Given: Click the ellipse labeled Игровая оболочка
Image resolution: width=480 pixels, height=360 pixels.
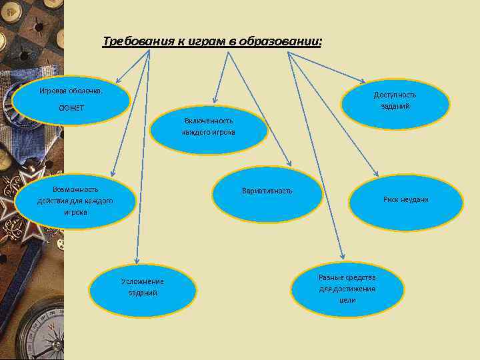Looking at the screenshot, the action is tap(70, 100).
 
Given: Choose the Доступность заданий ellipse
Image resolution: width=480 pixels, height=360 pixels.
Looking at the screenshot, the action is tap(395, 100).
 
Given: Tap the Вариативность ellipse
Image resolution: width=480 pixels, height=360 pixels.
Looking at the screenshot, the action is tap(267, 193).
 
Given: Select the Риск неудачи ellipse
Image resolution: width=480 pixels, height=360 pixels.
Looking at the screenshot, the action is tap(405, 201).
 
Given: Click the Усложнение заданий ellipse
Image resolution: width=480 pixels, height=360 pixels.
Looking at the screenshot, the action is tap(143, 287).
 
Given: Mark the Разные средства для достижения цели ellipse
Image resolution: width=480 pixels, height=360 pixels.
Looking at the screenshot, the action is tap(347, 288).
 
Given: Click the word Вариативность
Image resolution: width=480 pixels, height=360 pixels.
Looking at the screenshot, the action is tap(267, 191).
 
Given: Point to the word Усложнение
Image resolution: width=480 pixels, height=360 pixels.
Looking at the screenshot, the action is tap(143, 281).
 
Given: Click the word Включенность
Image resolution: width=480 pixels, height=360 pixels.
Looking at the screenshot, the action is tap(209, 121).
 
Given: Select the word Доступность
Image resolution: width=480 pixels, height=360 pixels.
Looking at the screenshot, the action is tap(395, 95).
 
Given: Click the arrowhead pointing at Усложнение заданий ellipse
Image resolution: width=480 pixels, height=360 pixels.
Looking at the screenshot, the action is tap(135, 261).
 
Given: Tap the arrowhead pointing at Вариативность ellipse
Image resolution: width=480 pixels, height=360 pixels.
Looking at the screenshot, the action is tap(289, 163).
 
